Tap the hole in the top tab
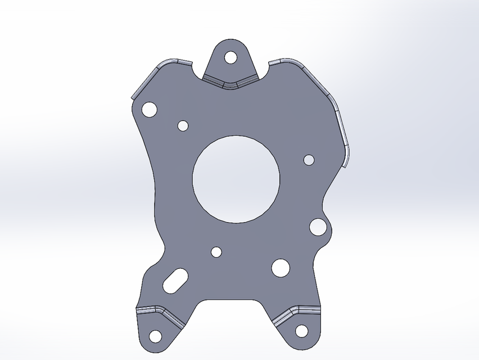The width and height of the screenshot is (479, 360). point(231,57)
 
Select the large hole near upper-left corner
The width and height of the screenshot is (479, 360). point(149,109)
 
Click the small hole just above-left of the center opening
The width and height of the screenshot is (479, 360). point(183,125)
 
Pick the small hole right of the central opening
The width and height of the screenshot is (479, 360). point(309,160)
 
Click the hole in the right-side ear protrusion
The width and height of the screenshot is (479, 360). point(318,227)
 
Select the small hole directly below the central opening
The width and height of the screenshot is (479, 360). point(216,251)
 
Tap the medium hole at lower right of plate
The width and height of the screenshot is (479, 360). point(280,267)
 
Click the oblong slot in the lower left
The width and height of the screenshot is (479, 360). point(175,280)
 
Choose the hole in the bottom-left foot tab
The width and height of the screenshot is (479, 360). point(155,336)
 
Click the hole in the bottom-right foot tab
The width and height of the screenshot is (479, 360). point(302,330)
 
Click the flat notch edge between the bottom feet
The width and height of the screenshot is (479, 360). point(231,300)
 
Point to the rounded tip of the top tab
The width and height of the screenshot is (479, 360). point(231,40)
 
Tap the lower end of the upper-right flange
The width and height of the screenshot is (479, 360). point(346,160)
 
